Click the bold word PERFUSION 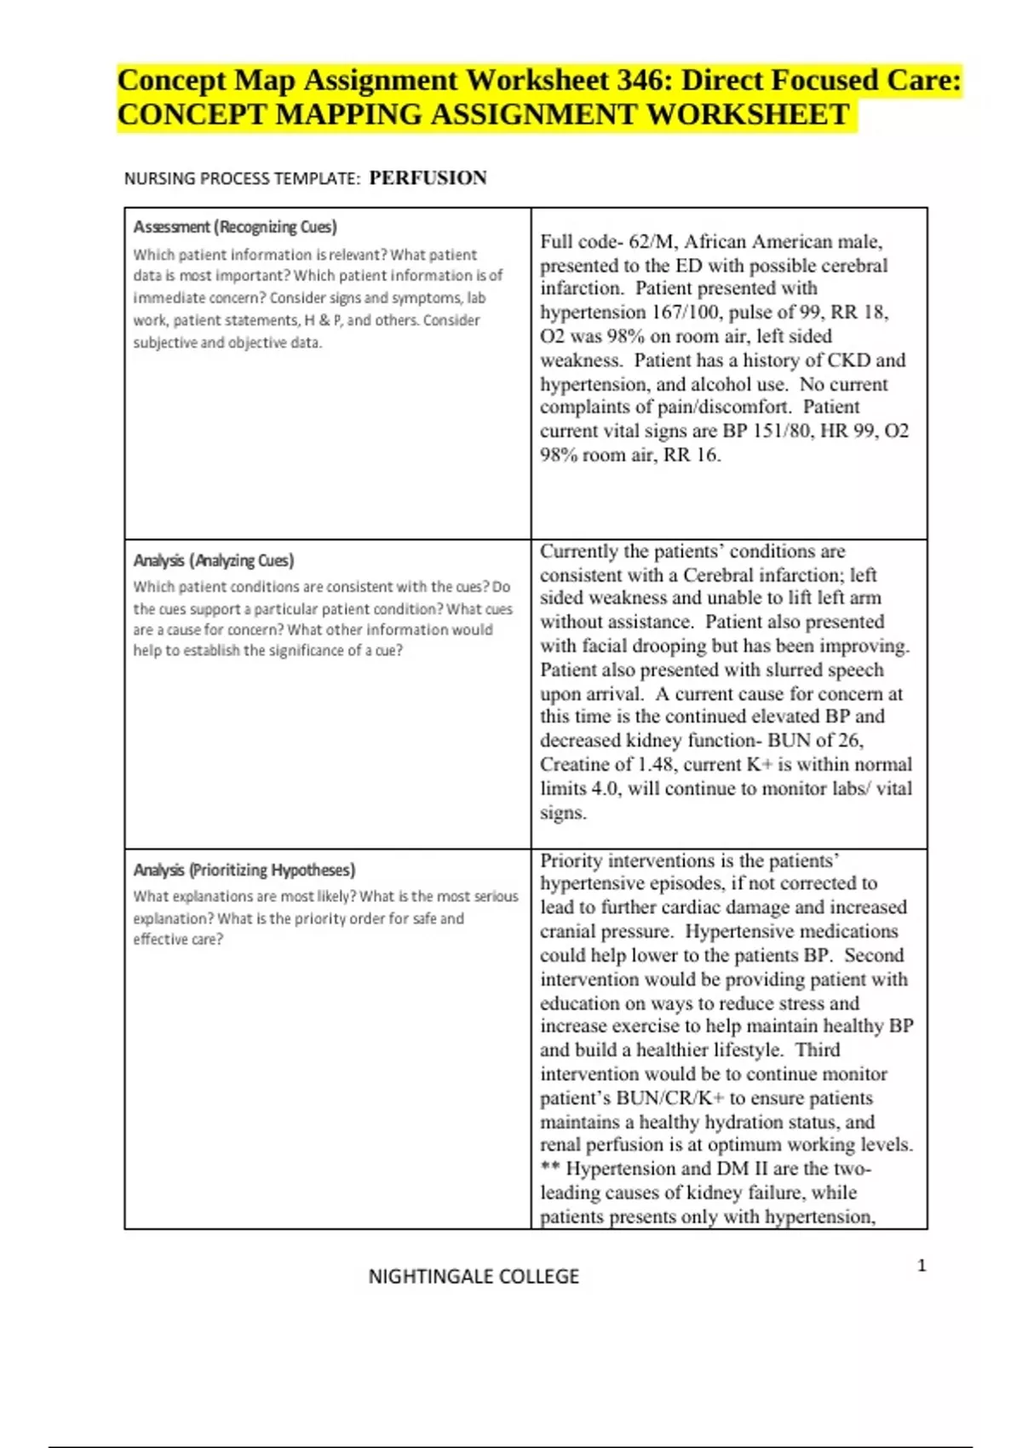(x=428, y=178)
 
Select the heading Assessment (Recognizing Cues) (x=235, y=227)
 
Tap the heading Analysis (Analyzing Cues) (x=214, y=560)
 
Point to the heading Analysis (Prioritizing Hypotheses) (x=244, y=870)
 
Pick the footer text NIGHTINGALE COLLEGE (x=474, y=1276)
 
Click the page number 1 (x=922, y=1266)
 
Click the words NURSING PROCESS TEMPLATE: (x=243, y=179)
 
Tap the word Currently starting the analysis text (x=580, y=551)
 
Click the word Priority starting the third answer (x=571, y=860)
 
